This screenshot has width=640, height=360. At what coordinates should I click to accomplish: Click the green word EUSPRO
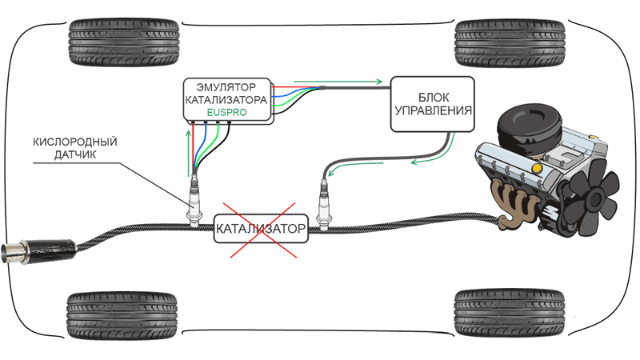[x=226, y=114]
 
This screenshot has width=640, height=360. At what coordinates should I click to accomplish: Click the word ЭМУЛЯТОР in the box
[x=226, y=86]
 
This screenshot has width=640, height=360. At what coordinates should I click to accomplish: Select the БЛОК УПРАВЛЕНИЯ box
[x=432, y=104]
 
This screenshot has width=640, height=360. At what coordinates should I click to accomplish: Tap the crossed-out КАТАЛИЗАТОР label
[x=261, y=230]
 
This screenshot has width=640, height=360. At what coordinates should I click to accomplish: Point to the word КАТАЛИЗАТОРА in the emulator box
[x=226, y=100]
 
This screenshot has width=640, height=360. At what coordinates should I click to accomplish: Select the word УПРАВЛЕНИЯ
[x=432, y=111]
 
